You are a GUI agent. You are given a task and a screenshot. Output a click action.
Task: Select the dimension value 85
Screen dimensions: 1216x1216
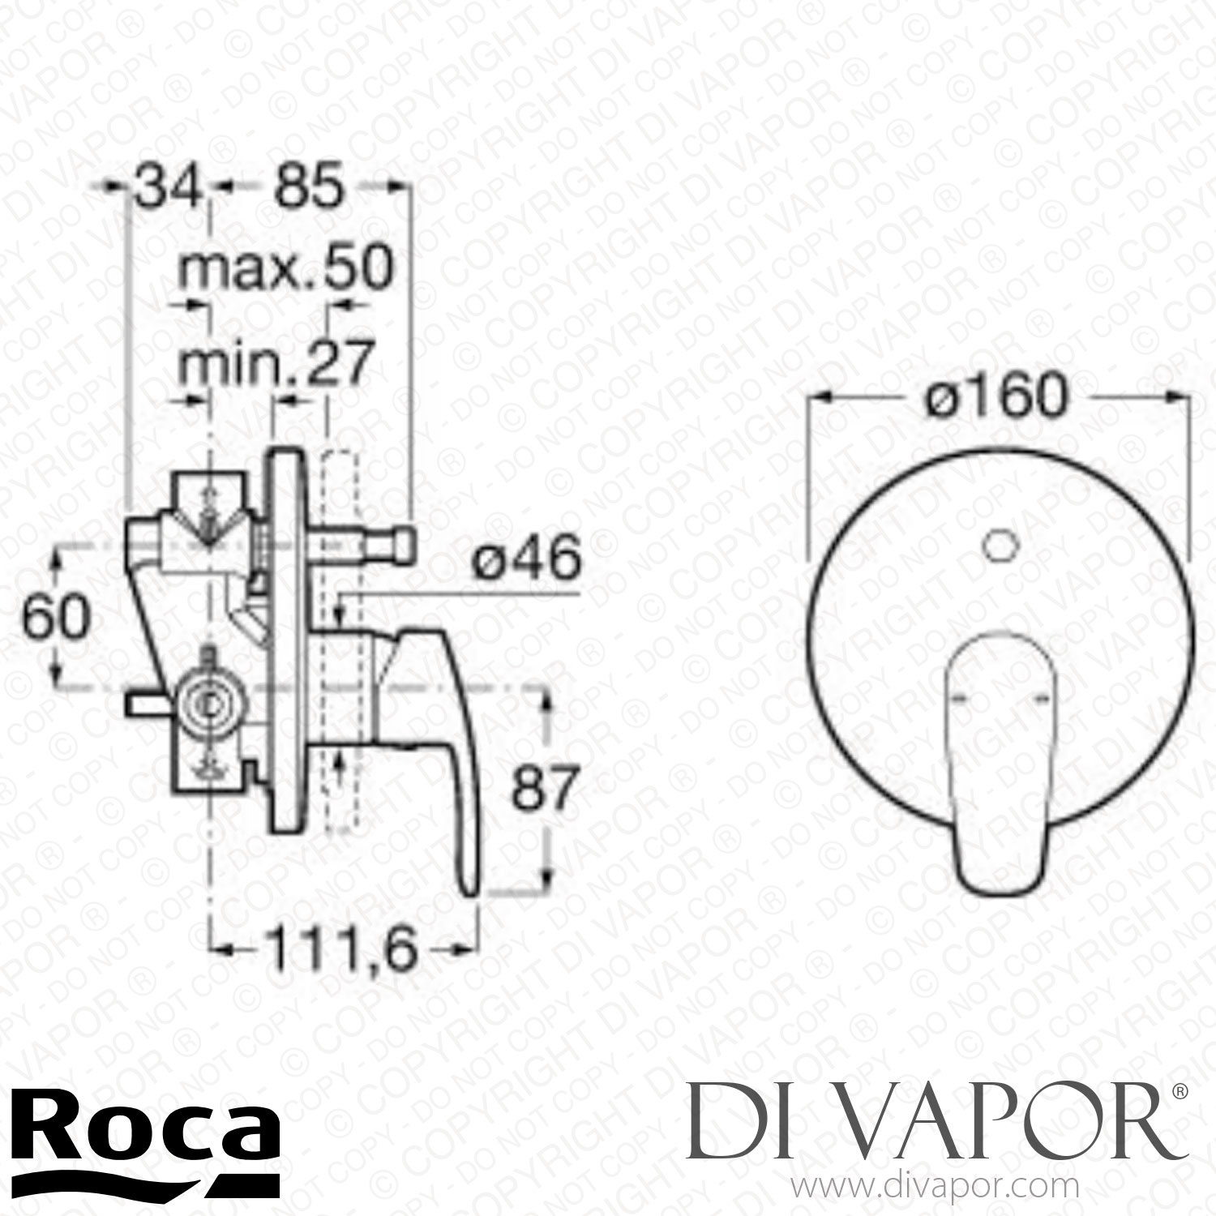(x=309, y=189)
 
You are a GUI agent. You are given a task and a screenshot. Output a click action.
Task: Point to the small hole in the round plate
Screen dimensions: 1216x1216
(x=1000, y=545)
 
